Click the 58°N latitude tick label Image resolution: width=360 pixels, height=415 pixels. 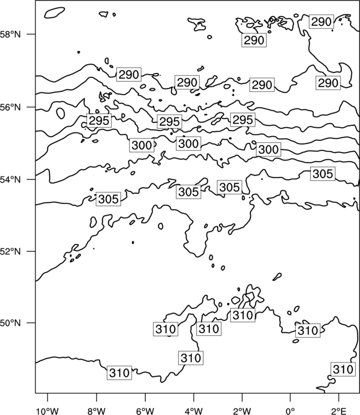tap(11, 34)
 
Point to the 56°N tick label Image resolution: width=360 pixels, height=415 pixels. tap(11, 107)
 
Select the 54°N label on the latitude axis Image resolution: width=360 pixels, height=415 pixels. tap(11, 180)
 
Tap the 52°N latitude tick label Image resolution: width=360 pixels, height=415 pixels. tap(11, 251)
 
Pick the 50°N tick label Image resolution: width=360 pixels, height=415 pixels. tap(11, 323)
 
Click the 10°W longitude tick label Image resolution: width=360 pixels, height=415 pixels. tap(48, 411)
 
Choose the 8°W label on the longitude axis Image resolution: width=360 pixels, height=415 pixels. tap(96, 411)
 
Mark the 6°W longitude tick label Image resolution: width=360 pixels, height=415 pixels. tap(145, 411)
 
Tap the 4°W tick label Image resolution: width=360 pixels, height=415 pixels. tap(194, 411)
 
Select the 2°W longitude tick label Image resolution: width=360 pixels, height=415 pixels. tap(242, 411)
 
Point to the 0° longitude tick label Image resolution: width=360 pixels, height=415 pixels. tap(290, 411)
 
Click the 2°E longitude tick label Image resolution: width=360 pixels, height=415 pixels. tap(339, 411)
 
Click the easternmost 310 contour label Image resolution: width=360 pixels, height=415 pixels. tap(343, 369)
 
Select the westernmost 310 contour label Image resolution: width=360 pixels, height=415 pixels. tap(119, 373)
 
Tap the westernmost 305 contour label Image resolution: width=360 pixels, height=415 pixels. tap(108, 199)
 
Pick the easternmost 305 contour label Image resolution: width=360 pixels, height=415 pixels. tap(323, 174)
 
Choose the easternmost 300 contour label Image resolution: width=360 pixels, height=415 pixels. tap(269, 149)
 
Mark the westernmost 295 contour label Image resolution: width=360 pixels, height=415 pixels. tap(99, 121)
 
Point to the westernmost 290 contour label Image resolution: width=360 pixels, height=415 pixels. tap(128, 75)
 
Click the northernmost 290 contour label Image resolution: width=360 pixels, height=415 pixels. tap(321, 22)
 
